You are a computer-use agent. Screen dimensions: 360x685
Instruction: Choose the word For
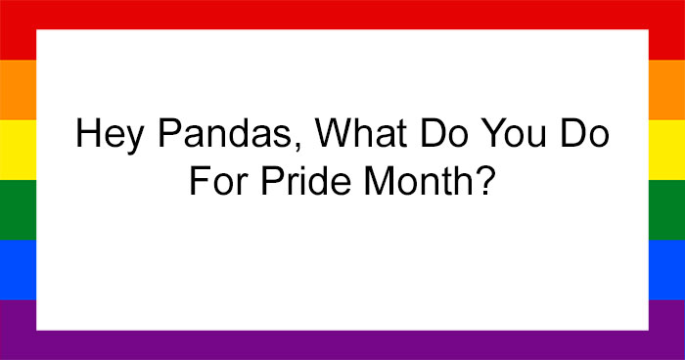click(x=216, y=184)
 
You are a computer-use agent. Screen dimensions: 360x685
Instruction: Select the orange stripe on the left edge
click(x=18, y=90)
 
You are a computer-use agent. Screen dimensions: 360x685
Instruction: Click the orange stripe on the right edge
click(x=666, y=90)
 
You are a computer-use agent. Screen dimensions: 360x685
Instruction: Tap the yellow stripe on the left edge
click(x=18, y=150)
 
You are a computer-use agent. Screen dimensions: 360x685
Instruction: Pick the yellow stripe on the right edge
click(x=666, y=150)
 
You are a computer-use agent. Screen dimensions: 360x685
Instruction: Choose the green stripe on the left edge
click(x=18, y=209)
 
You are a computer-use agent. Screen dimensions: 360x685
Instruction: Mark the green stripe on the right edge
click(x=666, y=209)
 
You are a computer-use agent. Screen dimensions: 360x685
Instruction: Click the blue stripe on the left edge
click(x=18, y=269)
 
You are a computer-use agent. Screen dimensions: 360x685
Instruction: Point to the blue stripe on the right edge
click(x=666, y=269)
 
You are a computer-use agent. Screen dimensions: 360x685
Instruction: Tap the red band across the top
click(x=342, y=14)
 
